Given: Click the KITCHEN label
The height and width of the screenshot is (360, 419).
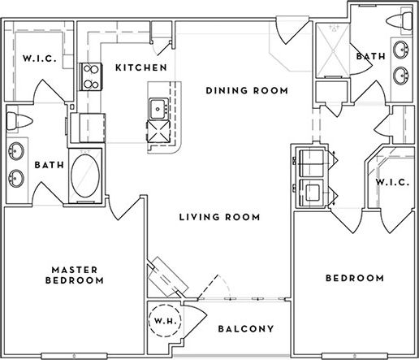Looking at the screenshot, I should click(x=140, y=67).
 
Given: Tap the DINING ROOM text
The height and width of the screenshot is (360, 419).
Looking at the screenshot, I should click(x=247, y=91).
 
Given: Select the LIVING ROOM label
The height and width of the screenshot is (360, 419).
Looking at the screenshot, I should click(x=220, y=217).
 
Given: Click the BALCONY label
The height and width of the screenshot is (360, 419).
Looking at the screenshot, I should click(x=244, y=329).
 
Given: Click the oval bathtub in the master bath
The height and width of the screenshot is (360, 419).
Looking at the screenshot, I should click(x=87, y=174).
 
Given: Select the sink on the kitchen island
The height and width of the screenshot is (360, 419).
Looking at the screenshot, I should click(x=155, y=106).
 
